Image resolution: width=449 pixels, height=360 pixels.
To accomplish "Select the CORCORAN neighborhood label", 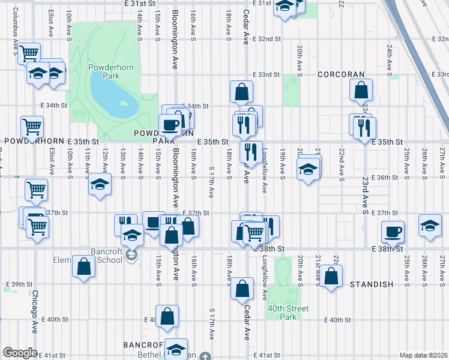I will [x=341, y=74].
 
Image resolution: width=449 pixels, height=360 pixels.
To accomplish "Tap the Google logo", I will [x=19, y=353].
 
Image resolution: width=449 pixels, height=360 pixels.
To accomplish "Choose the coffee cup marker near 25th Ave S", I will [x=393, y=231].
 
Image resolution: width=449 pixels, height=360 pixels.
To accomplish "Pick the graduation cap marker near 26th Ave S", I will [x=430, y=226].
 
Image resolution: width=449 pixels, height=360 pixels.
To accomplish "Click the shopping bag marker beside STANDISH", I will [x=331, y=276].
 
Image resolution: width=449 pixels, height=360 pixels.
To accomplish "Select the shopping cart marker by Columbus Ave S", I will [x=29, y=54].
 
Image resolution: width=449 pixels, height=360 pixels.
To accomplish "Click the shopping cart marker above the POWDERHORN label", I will [x=32, y=127].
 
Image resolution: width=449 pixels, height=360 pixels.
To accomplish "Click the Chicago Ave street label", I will [x=35, y=307].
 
